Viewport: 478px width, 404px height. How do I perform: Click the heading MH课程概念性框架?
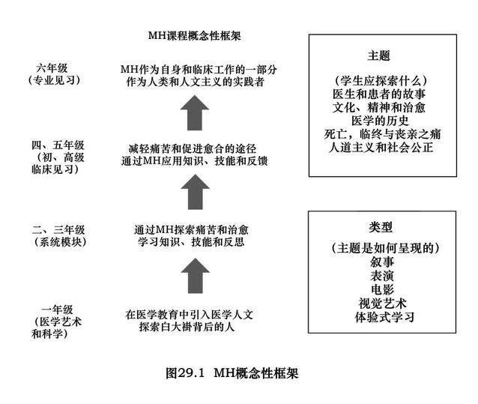pyautogui.click(x=195, y=36)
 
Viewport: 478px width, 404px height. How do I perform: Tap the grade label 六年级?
pyautogui.click(x=52, y=67)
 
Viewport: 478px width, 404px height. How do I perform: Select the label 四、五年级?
pyautogui.click(x=58, y=145)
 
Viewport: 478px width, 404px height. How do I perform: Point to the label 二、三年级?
pyautogui.click(x=58, y=229)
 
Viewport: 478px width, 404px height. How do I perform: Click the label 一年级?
pyautogui.click(x=57, y=310)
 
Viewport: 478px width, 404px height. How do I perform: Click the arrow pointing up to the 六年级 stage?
pyautogui.click(x=195, y=113)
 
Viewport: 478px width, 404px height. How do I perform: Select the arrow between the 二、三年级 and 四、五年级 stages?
pyautogui.click(x=195, y=192)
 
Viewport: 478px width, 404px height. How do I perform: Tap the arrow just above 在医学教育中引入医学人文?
pyautogui.click(x=195, y=276)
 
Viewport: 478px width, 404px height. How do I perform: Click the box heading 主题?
pyautogui.click(x=379, y=55)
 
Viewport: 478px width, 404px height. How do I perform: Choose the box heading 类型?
pyautogui.click(x=381, y=227)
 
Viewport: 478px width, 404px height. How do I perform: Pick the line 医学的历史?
pyautogui.click(x=380, y=121)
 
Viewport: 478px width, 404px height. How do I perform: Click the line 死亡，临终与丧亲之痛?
pyautogui.click(x=382, y=134)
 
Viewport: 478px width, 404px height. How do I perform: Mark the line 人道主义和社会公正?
pyautogui.click(x=381, y=148)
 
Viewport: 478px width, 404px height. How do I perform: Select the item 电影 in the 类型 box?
pyautogui.click(x=382, y=289)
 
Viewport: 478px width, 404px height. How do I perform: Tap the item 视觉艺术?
pyautogui.click(x=383, y=304)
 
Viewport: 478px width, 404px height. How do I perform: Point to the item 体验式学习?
pyautogui.click(x=384, y=317)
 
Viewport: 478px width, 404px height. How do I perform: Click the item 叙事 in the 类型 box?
pyautogui.click(x=382, y=262)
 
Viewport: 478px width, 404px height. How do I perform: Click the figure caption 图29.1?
pyautogui.click(x=185, y=373)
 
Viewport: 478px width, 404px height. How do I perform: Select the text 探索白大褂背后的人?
pyautogui.click(x=187, y=327)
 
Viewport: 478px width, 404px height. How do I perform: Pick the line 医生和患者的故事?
pyautogui.click(x=379, y=94)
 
